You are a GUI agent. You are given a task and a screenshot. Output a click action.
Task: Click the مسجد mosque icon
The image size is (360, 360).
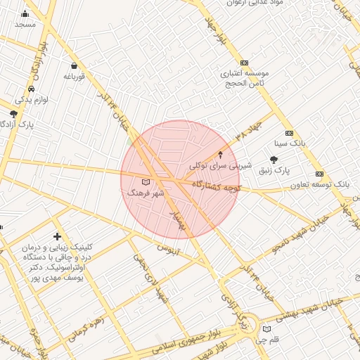coord(25,13)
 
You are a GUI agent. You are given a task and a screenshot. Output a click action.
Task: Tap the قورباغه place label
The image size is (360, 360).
coord(74,75)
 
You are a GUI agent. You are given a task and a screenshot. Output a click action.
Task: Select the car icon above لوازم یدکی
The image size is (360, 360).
coord(31,89)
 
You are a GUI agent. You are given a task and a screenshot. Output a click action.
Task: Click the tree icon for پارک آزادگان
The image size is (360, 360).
coord(13,113)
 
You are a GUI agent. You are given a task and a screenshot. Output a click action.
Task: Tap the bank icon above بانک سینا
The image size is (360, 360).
coord(289,133)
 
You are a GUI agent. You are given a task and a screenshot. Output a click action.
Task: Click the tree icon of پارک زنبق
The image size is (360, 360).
coord(274,160)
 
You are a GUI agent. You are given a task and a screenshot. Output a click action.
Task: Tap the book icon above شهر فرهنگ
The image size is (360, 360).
coord(146,182)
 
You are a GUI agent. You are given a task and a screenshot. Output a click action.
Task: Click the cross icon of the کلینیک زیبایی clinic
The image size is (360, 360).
coord(57,237)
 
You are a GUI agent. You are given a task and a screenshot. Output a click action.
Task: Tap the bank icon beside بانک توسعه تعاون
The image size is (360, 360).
coord(320,174)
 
